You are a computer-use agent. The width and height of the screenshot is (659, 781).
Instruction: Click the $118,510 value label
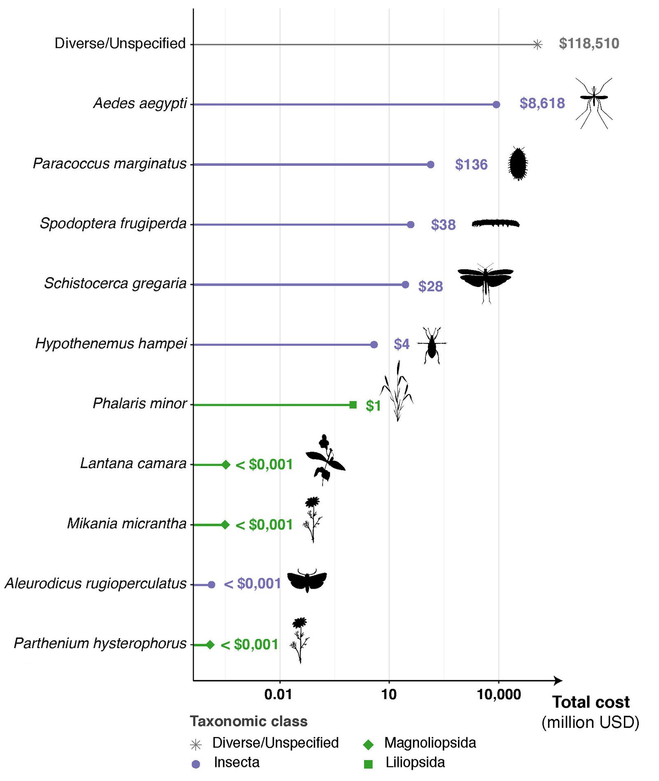click(x=589, y=44)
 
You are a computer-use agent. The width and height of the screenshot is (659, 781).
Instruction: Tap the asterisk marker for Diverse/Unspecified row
click(x=537, y=44)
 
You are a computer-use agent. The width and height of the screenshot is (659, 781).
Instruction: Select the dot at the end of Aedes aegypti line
click(x=496, y=105)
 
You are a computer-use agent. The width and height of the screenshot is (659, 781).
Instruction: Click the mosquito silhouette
click(x=594, y=103)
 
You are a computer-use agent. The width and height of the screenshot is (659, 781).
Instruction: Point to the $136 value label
click(x=471, y=165)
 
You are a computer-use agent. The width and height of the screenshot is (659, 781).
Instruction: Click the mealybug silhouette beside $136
click(x=518, y=163)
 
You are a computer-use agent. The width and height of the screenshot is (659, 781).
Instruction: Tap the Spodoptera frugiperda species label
click(x=113, y=224)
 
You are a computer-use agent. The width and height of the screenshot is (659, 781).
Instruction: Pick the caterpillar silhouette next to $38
click(x=495, y=223)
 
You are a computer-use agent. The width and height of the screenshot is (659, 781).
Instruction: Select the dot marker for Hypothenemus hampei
click(x=374, y=345)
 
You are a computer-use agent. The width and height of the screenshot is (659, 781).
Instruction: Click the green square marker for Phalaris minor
click(x=353, y=405)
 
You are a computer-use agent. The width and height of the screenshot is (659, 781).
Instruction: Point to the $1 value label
click(x=373, y=406)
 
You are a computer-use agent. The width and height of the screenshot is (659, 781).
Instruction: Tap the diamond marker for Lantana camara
click(x=226, y=465)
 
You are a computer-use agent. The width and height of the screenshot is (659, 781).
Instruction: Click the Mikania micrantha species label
click(x=127, y=523)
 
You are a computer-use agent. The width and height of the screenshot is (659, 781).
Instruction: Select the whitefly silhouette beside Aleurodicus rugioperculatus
click(x=307, y=581)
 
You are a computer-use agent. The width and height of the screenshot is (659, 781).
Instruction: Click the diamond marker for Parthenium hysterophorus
click(x=210, y=645)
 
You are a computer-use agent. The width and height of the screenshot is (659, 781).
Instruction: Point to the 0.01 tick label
click(x=278, y=695)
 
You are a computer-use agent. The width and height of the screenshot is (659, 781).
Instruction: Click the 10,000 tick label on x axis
click(x=498, y=695)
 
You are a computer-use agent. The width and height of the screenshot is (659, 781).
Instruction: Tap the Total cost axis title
click(x=591, y=702)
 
